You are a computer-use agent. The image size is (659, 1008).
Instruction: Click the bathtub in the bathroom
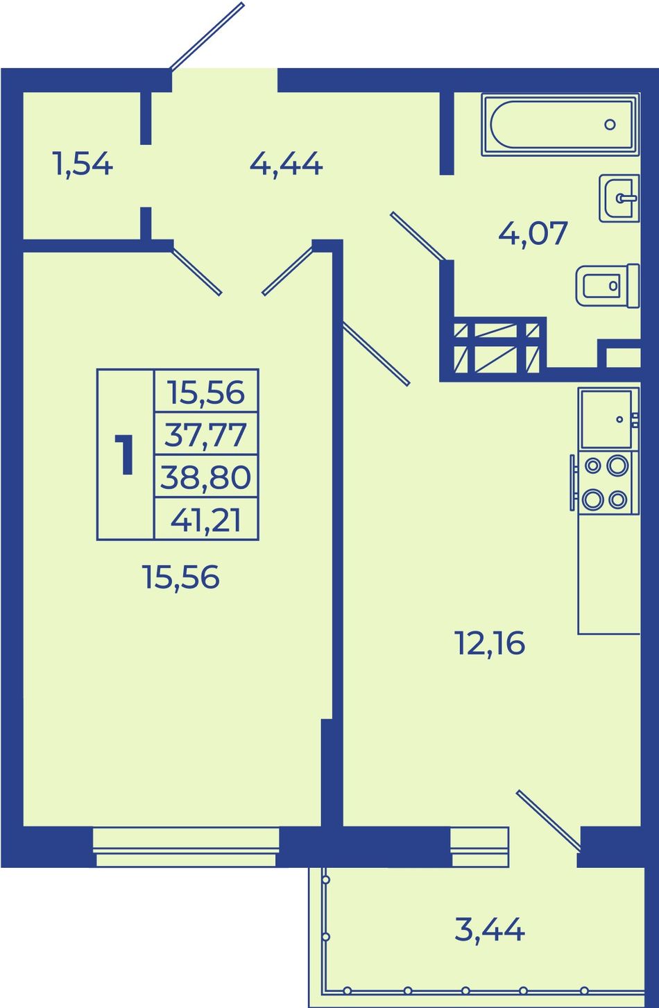point(560,125)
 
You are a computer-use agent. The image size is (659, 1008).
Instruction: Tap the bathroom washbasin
point(619,198)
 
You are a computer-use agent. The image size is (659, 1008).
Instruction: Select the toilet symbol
point(608,286)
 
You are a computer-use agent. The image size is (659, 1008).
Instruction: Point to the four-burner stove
point(605,483)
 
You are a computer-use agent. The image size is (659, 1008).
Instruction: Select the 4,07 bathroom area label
point(533,233)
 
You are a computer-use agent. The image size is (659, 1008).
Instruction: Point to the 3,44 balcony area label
point(490,929)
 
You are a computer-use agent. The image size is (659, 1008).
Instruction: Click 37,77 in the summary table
point(205,435)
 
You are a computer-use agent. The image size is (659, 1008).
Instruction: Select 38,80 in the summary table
point(205,477)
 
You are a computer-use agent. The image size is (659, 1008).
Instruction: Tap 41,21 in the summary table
point(205,520)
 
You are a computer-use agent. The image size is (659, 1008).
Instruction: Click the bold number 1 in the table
point(124,454)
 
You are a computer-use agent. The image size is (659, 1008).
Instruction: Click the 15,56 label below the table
point(180,577)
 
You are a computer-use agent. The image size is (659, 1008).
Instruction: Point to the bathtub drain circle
point(610,125)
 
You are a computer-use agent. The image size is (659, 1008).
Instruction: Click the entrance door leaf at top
point(207,37)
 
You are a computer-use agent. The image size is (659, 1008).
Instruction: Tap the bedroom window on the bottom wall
point(186,846)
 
